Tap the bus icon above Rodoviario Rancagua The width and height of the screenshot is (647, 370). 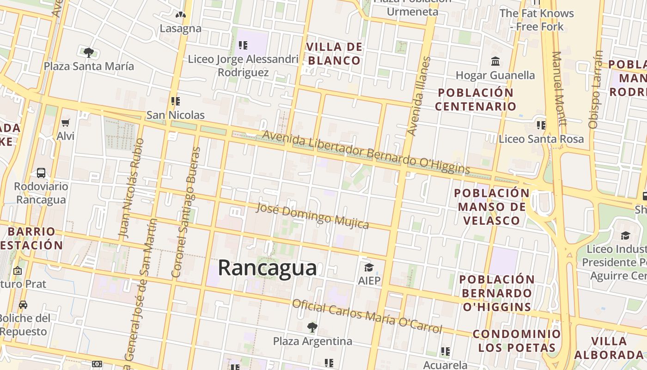[41, 173]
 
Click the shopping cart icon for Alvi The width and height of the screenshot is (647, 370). [65, 123]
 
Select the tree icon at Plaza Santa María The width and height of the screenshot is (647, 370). [89, 52]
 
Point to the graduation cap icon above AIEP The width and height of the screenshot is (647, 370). [368, 267]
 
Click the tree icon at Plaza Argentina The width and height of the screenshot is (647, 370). [312, 327]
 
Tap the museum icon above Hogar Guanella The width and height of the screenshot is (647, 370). [495, 61]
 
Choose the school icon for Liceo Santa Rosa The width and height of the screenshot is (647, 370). [541, 125]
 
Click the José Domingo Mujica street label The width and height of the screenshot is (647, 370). [312, 216]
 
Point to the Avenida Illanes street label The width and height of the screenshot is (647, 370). [419, 96]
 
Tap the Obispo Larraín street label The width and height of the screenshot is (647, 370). [596, 89]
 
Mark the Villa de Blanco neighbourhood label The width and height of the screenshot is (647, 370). [335, 54]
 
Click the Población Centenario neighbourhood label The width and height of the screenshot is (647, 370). [476, 99]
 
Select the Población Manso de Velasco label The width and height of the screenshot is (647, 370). [492, 206]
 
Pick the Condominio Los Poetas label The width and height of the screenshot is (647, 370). [517, 340]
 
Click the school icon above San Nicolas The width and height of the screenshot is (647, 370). [175, 101]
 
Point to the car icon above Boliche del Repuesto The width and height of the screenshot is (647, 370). [23, 304]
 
